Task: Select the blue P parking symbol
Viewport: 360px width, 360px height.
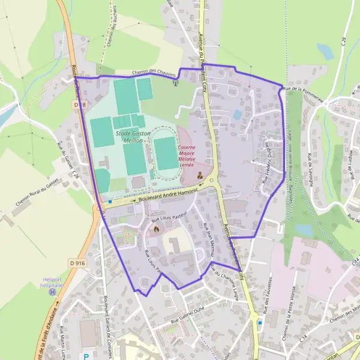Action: (86, 356)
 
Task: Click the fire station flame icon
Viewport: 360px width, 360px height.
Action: (157, 229)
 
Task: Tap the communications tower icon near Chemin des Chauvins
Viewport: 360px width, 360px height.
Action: (175, 82)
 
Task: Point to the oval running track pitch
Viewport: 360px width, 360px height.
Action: (165, 153)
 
